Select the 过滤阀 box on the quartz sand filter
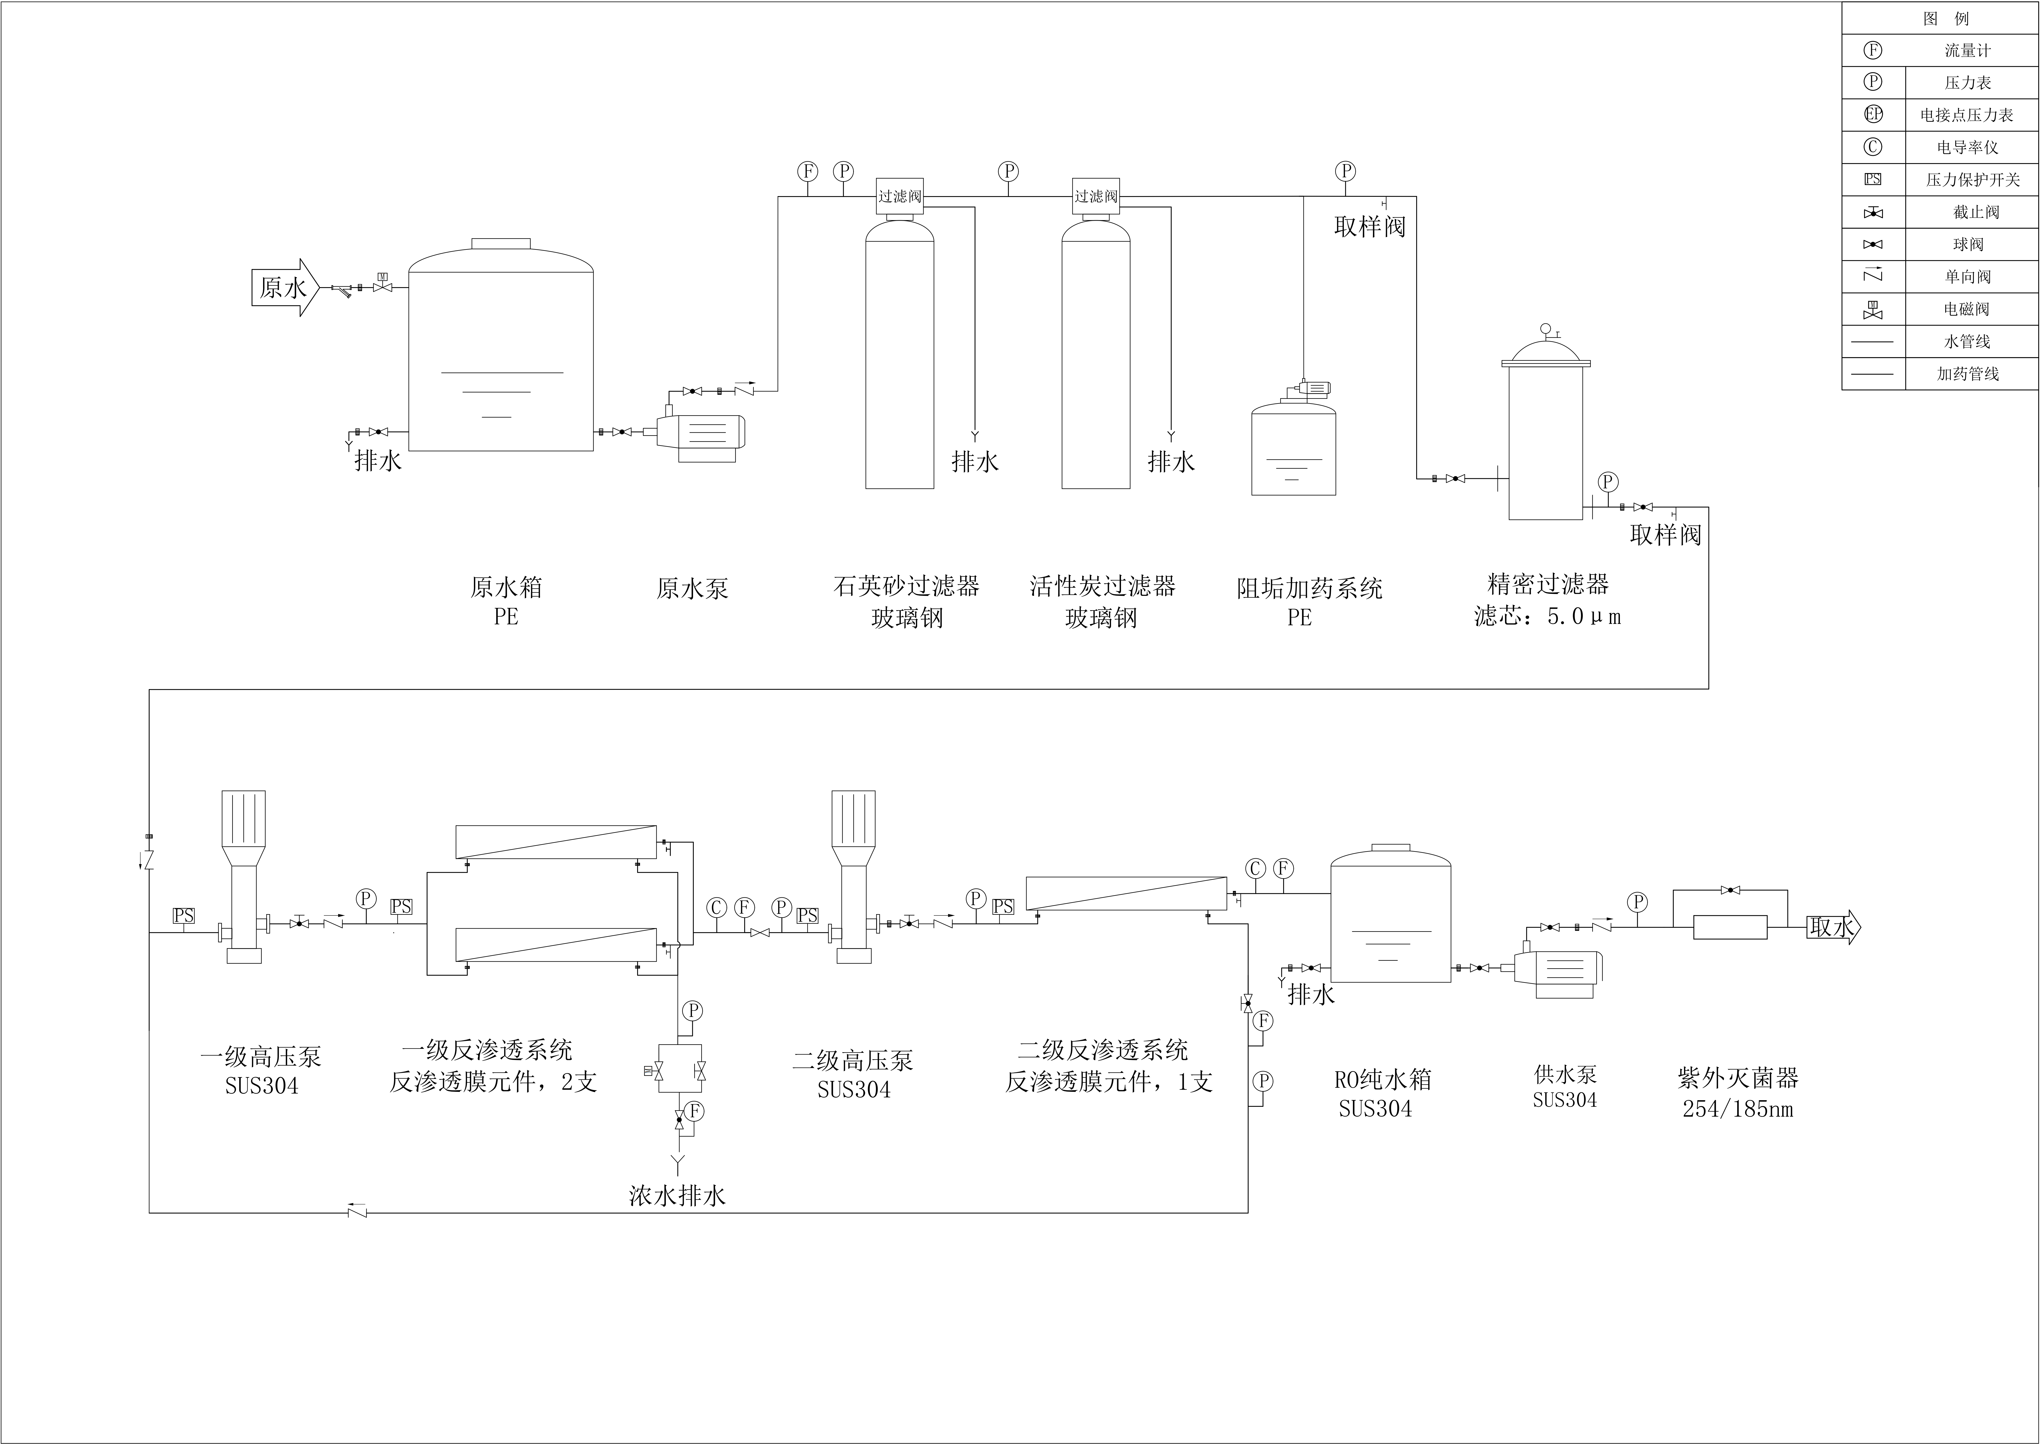900,196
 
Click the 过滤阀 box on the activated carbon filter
1095,196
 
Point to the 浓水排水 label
677,1196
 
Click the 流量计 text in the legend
1967,51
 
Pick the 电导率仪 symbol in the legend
1873,147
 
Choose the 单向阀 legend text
1967,276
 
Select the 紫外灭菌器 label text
1738,1079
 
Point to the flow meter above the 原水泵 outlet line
807,171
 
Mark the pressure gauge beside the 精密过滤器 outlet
1607,482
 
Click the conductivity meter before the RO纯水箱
1255,869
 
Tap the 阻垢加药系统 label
1310,588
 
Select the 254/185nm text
1738,1110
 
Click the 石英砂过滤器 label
906,586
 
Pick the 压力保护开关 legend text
1973,180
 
